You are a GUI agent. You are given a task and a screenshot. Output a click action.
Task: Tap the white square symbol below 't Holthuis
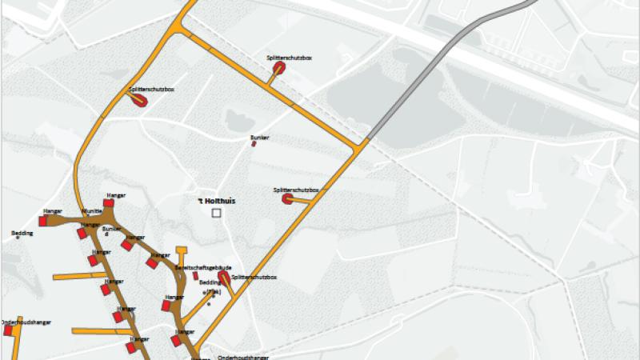point(215,214)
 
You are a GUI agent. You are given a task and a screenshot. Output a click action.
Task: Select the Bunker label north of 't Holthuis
point(259,138)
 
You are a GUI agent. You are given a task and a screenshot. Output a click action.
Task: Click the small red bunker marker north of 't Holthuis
point(254,145)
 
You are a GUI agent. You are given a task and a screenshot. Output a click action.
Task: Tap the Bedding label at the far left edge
point(22,233)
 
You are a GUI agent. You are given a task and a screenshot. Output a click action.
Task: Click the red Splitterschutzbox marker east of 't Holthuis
point(287,198)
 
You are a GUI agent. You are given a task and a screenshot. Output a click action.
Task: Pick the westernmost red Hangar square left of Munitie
point(44,221)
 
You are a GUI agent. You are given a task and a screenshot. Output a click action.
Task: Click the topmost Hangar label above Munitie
point(117,194)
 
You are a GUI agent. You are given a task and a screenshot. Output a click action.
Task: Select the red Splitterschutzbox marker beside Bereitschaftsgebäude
point(222,277)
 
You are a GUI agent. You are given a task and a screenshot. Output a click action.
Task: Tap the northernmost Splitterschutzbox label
point(285,58)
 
